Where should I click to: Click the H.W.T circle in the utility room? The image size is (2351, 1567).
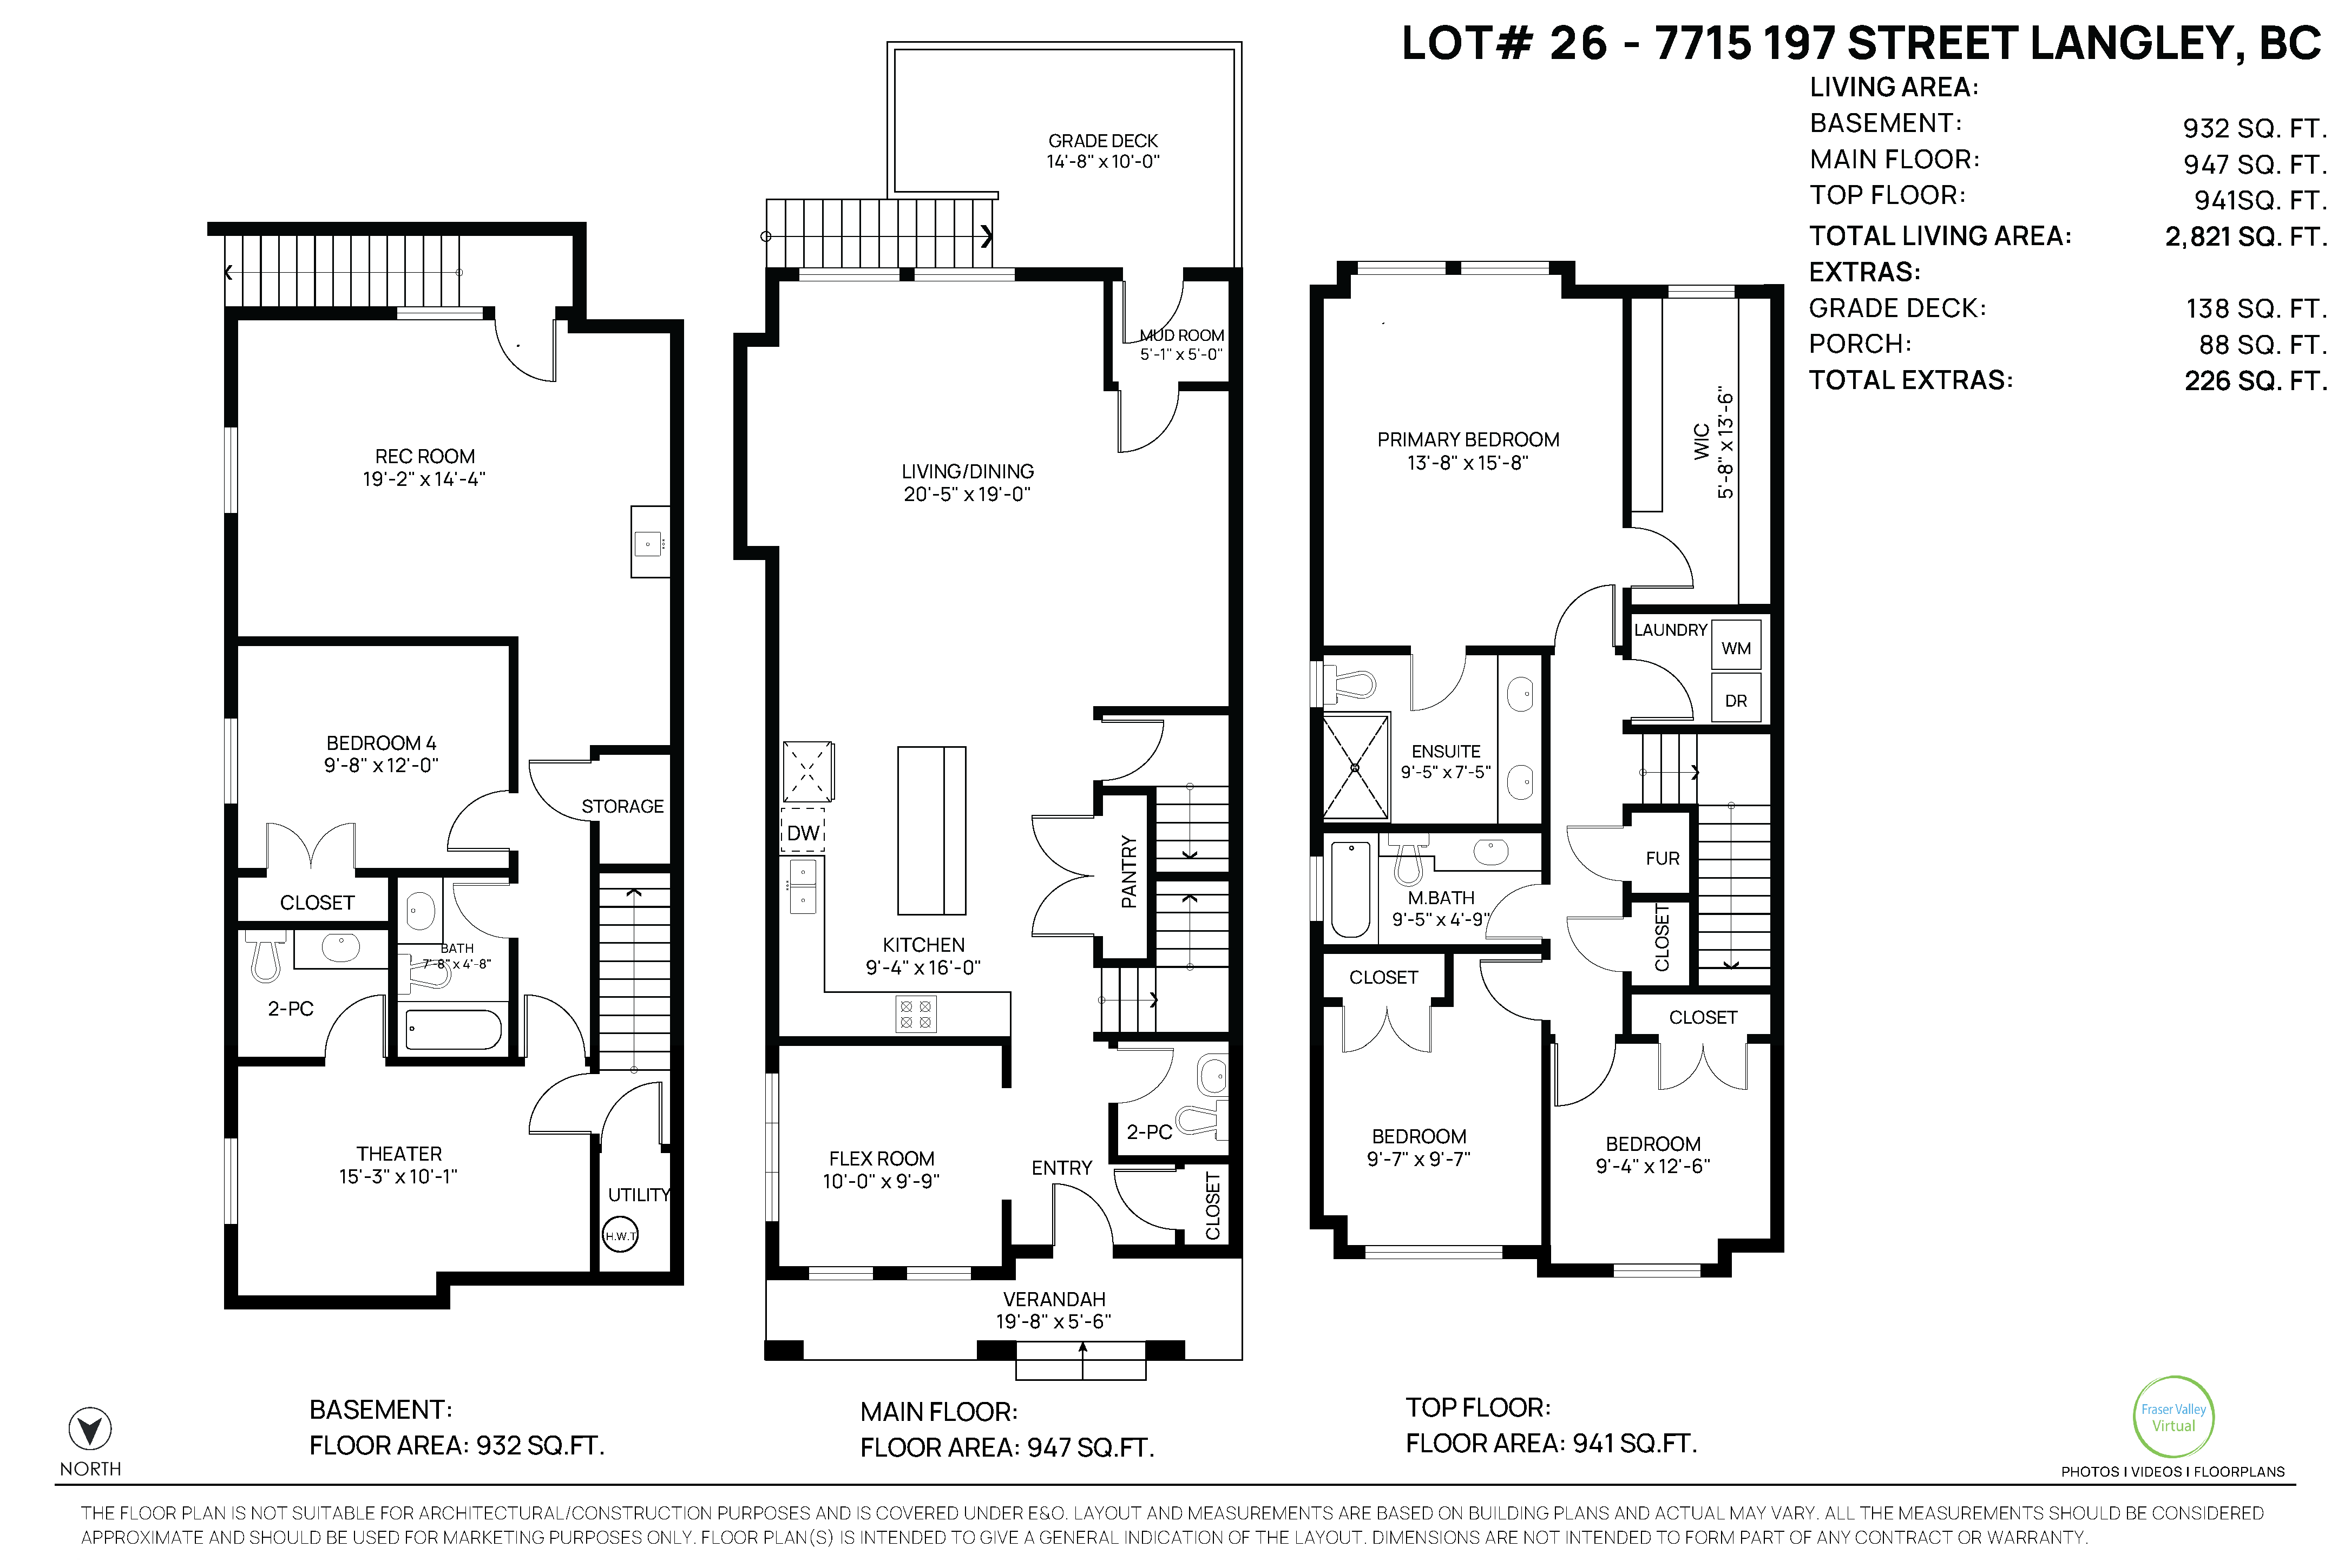(620, 1236)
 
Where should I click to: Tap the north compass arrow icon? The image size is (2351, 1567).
(90, 1429)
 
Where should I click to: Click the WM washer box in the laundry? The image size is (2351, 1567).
(1736, 648)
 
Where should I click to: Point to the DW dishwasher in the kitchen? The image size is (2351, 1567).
(803, 832)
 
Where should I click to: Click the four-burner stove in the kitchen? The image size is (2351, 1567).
(916, 1015)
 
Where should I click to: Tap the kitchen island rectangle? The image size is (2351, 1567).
(931, 831)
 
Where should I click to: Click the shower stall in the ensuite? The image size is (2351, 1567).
(1355, 767)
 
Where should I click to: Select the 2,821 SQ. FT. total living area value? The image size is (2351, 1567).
(2246, 237)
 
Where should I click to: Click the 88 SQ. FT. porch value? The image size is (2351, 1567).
(2263, 345)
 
